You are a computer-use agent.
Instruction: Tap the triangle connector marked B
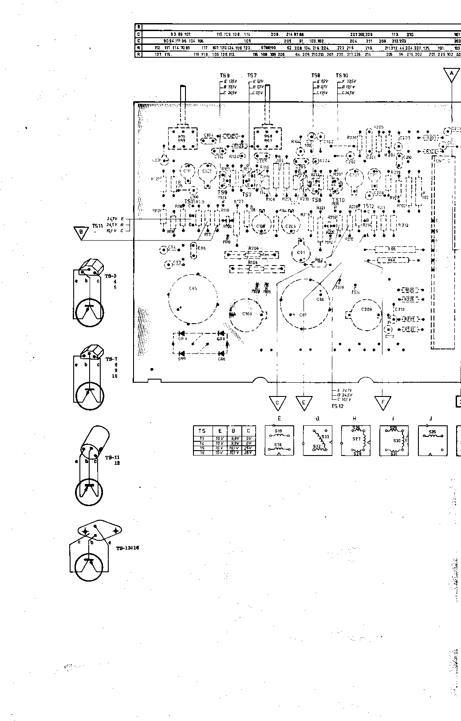(81, 232)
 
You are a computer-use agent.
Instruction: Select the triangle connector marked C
(278, 403)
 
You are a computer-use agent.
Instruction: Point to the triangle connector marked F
(382, 403)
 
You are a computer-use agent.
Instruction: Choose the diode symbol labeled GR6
(221, 354)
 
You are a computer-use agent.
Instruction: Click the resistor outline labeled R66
(392, 250)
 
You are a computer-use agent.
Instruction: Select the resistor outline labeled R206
(253, 254)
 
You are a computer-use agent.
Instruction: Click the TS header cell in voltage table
(202, 431)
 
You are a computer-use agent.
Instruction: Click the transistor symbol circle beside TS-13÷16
(90, 565)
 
